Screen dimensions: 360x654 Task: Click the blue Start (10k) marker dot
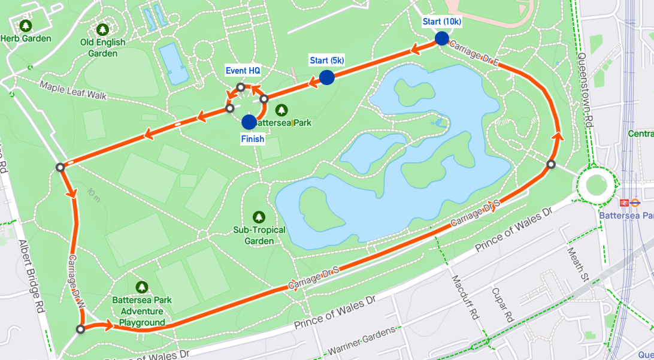pos(441,38)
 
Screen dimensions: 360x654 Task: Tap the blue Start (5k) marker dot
pos(326,77)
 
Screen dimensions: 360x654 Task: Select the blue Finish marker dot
pos(249,122)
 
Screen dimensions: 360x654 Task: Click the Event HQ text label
pos(243,71)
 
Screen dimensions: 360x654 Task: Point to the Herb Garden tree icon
pos(25,26)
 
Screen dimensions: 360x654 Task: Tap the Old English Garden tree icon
pos(103,29)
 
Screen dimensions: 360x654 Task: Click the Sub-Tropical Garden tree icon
pos(259,216)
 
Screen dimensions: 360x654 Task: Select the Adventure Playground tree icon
pos(142,287)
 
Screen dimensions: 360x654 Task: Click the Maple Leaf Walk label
pos(72,90)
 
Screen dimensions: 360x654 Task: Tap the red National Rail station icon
pos(623,202)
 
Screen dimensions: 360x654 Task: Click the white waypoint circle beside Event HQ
pos(240,87)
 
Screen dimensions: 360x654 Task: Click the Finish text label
pos(252,139)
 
